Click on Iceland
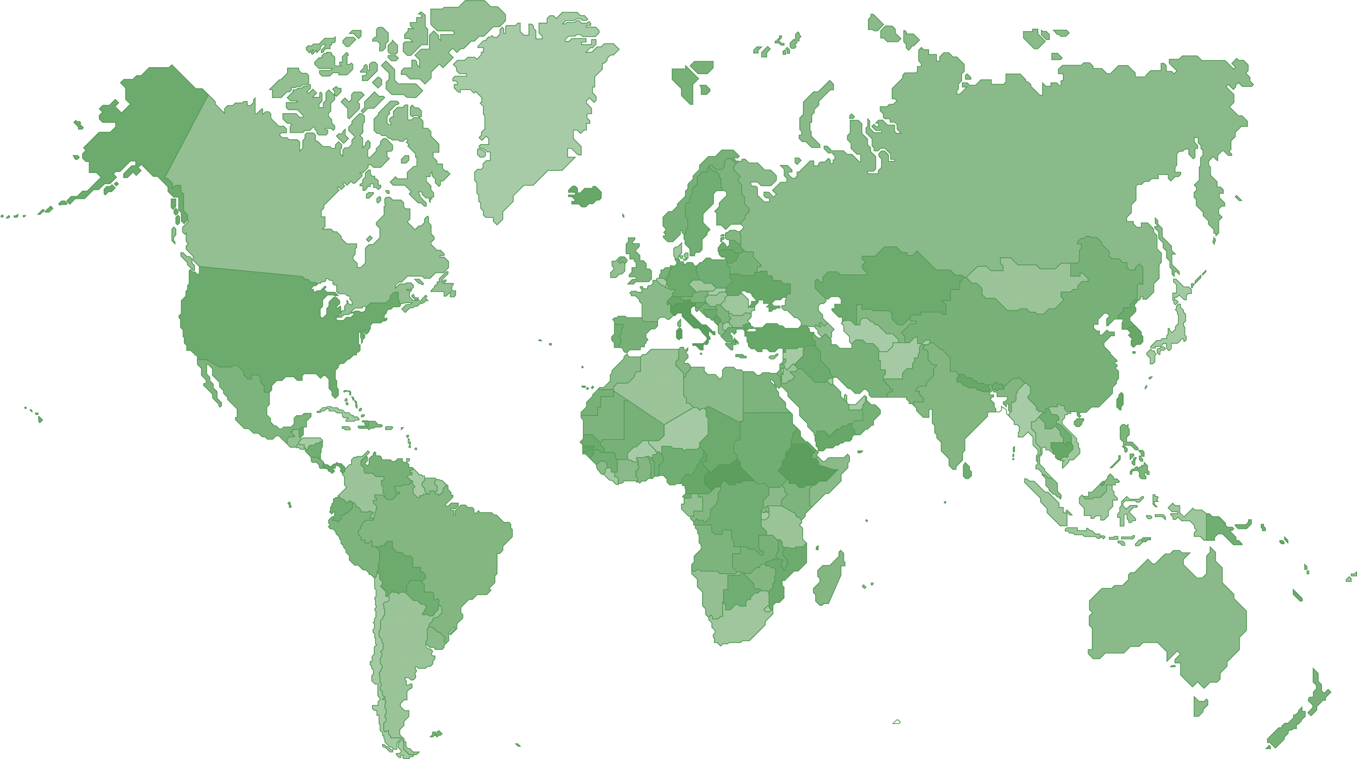585,196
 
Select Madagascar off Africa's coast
829,579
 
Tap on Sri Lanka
966,470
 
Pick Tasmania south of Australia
1200,705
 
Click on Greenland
532,105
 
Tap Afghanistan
898,358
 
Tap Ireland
617,267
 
